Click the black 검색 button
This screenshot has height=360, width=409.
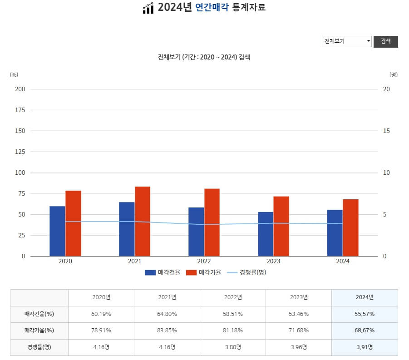coord(385,41)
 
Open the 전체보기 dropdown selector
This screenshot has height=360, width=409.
coord(347,41)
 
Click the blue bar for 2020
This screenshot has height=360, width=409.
coord(57,231)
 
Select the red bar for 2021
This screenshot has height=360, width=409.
coord(143,221)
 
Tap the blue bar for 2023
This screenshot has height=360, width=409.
coord(266,234)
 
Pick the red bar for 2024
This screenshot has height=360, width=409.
coord(350,227)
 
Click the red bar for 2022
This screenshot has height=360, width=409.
coord(212,222)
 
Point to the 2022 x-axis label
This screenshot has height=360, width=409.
coord(204,261)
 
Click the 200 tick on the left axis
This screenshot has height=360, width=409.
coord(20,89)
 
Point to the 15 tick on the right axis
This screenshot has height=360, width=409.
coord(386,131)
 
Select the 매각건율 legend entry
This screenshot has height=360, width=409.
coord(163,272)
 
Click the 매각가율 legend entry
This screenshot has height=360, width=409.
coord(204,272)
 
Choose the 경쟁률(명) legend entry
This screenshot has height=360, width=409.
coord(246,272)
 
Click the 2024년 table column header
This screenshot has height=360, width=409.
coord(365,297)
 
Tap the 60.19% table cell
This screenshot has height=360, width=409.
coord(101,314)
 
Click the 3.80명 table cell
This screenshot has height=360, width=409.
coord(233,347)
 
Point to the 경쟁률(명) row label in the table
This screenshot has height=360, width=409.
coord(39,347)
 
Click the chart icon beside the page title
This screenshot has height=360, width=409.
coord(148,8)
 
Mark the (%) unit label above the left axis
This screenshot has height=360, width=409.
coord(14,74)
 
